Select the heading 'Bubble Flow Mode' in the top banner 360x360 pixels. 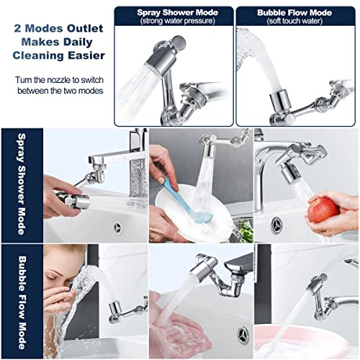pyautogui.click(x=296, y=12)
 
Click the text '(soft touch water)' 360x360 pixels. pyautogui.click(x=296, y=21)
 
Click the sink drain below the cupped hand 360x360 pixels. pyautogui.click(x=243, y=333)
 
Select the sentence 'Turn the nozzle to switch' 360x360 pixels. pyautogui.click(x=58, y=80)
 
